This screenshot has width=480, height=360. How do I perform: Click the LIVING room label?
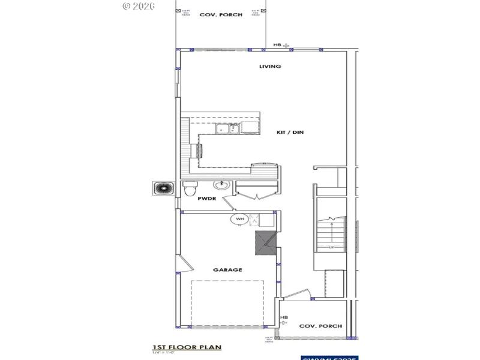270,67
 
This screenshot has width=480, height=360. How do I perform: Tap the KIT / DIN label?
290,132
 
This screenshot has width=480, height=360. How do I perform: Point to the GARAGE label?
227,270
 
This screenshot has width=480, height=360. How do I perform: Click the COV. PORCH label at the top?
221,14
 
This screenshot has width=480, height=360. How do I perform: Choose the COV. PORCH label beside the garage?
320,326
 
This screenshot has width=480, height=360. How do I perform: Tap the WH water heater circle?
239,220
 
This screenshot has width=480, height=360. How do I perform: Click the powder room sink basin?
221,185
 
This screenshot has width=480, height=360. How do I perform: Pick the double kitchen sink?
227,128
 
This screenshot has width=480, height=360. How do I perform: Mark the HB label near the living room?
277,45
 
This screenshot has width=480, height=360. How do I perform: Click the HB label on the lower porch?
284,317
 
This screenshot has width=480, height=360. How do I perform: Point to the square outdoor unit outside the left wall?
162,188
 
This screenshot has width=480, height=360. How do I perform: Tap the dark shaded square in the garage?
264,243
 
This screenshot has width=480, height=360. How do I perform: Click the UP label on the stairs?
331,247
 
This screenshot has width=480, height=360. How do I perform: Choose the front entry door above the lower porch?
297,295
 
